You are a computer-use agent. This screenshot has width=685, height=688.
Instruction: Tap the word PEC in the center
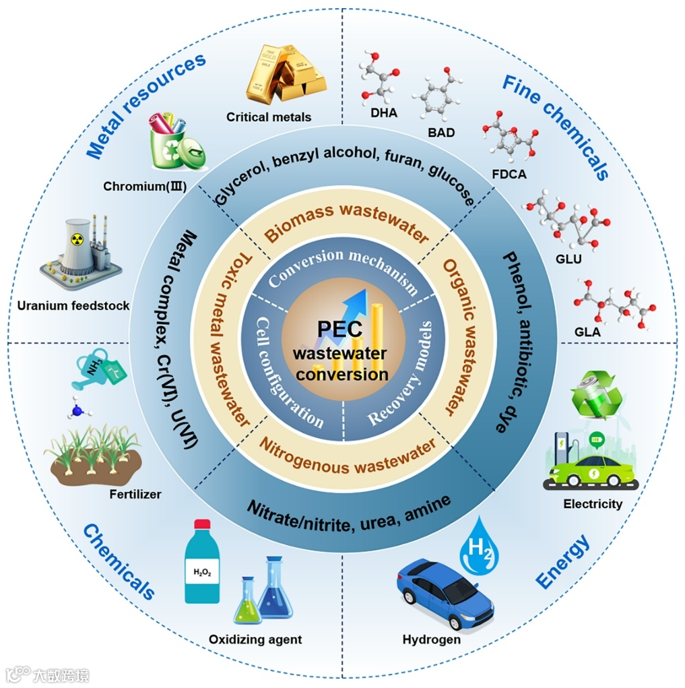pos(341,330)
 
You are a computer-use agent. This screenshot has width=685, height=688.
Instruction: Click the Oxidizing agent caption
pos(255,639)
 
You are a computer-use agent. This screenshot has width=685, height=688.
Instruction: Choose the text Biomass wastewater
pos(346,222)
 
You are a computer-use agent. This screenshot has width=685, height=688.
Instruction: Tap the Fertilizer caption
pos(135,494)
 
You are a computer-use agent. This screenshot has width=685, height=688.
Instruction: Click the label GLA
pos(587,331)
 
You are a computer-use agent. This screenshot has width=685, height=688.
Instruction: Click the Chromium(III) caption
pos(145,185)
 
